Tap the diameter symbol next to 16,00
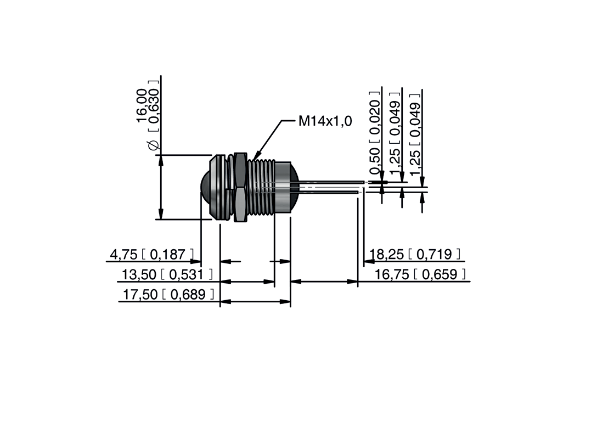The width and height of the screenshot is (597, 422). point(154,145)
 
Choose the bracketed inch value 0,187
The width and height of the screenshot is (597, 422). point(168,254)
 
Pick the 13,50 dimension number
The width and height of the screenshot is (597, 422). point(138,274)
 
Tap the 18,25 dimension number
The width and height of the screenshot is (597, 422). point(387,254)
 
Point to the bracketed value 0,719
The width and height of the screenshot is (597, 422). point(434,254)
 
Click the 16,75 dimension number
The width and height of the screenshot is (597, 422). point(392,274)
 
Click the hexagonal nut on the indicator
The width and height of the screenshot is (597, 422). point(240,187)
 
